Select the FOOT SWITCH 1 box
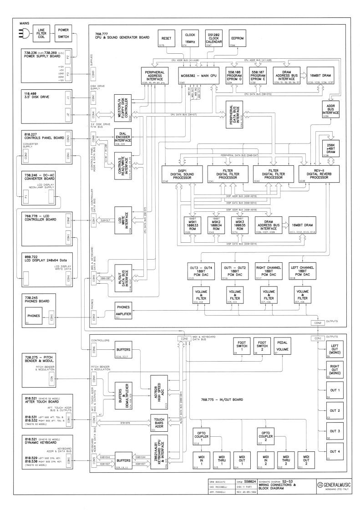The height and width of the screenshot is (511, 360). (x=241, y=346)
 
